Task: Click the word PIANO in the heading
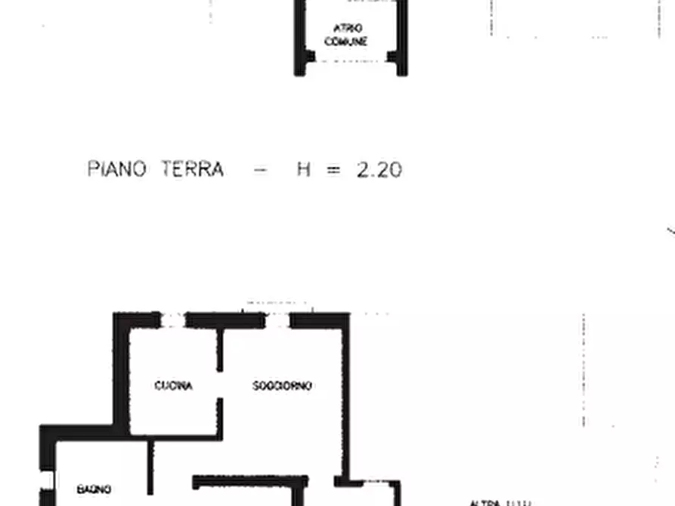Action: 117,168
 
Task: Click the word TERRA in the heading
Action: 192,168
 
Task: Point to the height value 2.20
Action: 379,169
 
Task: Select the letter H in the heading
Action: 303,169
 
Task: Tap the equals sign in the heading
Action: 333,170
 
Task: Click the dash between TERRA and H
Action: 259,170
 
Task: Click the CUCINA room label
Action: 173,386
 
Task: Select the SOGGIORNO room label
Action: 282,386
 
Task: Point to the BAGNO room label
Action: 94,489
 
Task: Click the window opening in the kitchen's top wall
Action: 173,321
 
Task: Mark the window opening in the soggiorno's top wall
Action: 277,321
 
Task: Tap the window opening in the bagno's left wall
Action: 47,480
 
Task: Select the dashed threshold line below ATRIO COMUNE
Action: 351,62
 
